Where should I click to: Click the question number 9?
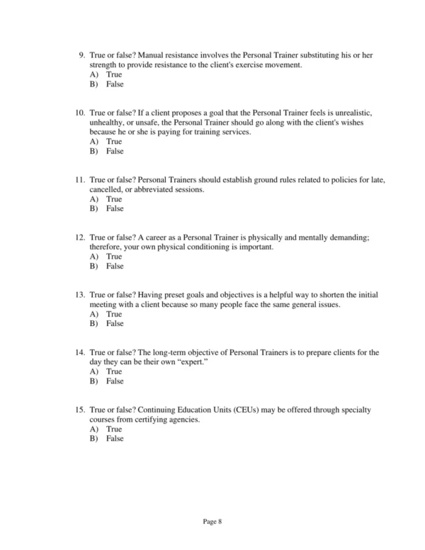(x=81, y=55)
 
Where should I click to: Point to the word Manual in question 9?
(x=153, y=55)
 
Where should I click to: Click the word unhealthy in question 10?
(x=108, y=123)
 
